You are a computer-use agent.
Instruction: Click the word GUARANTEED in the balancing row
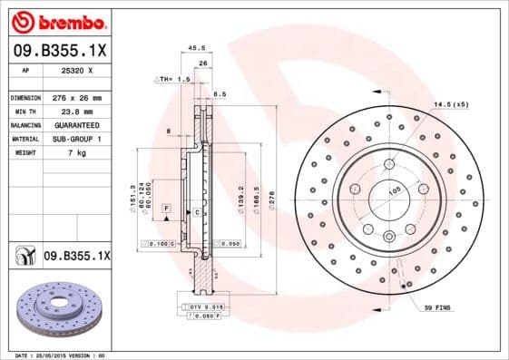76,124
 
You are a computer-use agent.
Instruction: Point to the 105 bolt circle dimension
394,192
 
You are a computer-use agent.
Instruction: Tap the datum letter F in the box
167,209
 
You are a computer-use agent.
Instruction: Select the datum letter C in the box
196,211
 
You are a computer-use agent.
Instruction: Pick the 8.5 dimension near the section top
220,93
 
